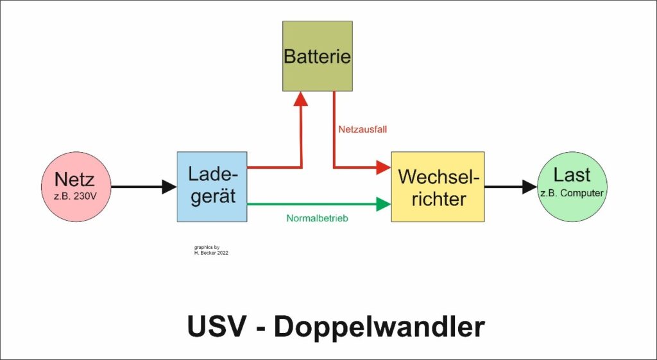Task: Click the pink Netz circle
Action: tap(74, 187)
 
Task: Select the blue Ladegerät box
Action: tap(212, 187)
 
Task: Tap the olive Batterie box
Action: tap(318, 56)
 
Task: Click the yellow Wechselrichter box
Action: tap(438, 187)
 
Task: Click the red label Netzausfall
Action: tap(363, 129)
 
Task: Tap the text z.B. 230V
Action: tap(74, 196)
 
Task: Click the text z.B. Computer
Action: tap(572, 192)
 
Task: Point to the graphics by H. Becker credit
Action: tap(210, 250)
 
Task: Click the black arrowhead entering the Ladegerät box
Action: tap(169, 187)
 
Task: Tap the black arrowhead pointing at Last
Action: tap(529, 187)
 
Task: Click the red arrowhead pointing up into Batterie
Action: tap(301, 98)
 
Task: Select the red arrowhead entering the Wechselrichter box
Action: tap(383, 167)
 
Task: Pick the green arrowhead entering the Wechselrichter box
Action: tap(383, 204)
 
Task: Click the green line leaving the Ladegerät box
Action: tap(308, 204)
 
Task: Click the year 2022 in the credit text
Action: tap(222, 253)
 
